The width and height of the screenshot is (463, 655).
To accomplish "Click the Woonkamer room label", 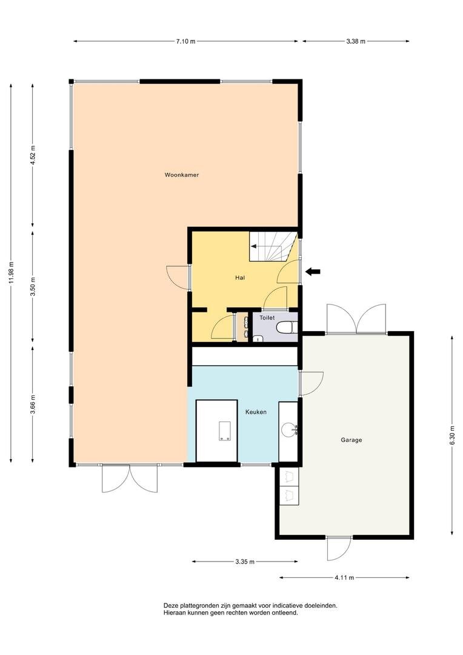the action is click(182, 175).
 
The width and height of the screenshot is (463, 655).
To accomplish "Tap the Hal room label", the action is click(239, 277).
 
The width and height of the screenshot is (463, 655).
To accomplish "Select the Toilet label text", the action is click(267, 318).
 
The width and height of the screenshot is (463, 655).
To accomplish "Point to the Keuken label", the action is click(256, 412).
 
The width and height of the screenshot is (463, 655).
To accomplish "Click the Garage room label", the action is click(351, 440).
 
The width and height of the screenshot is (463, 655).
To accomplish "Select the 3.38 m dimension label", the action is click(356, 41).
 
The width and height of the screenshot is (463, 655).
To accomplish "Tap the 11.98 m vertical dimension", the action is click(12, 272).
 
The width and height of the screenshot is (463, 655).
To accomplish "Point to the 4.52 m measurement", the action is click(33, 156).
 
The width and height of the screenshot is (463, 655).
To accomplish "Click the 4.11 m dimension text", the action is click(344, 578).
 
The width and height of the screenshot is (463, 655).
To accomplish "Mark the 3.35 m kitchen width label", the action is click(245, 562).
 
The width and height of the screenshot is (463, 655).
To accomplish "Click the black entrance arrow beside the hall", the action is click(313, 272).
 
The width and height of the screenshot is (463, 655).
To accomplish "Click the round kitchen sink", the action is click(288, 429).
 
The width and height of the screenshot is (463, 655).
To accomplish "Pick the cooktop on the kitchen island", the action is click(225, 431).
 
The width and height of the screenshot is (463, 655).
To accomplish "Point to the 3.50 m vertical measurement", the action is click(33, 286).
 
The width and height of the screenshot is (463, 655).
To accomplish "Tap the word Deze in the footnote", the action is click(170, 605).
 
